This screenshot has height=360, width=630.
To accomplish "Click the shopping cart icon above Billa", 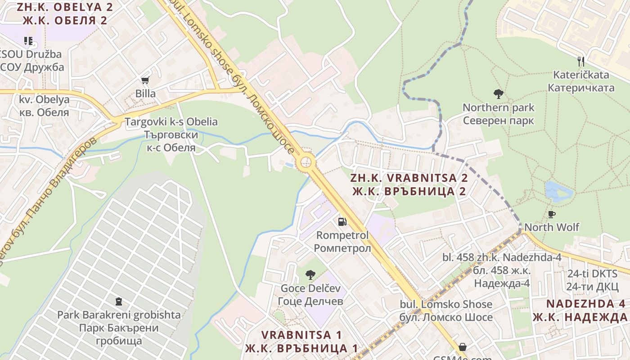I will (x=145, y=81).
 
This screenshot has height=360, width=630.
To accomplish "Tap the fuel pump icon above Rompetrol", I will (x=342, y=221).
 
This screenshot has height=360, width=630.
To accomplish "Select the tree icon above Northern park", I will (x=498, y=94).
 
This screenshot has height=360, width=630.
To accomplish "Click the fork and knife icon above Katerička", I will (x=581, y=61).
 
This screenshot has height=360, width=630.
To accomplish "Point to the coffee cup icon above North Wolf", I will (x=552, y=214).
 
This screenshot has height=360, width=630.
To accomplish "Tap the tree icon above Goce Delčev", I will (x=310, y=274).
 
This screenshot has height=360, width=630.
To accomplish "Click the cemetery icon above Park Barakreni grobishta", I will (x=119, y=301).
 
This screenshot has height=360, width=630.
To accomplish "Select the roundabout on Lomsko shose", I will (x=306, y=162).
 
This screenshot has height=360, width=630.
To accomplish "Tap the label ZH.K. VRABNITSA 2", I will (x=409, y=178).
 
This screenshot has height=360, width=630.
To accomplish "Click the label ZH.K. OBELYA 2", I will (x=65, y=7).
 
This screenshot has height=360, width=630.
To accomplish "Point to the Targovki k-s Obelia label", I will (x=171, y=122).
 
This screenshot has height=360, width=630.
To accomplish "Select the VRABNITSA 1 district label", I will (x=301, y=335).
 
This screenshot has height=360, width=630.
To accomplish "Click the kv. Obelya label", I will (x=44, y=99).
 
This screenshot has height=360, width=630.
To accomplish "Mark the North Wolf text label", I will (x=552, y=227).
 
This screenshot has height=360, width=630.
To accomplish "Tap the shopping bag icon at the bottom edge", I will (x=462, y=347).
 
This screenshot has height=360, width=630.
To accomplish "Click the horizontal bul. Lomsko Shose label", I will (x=446, y=305).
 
